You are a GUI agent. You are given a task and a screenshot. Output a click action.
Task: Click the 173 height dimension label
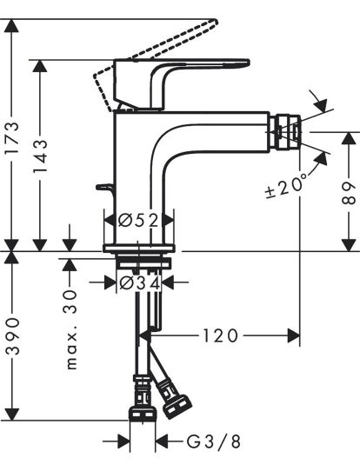click(12, 138)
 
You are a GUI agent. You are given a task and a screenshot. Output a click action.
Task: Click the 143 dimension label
click(40, 156)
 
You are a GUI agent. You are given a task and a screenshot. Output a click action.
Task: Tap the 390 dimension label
click(13, 335)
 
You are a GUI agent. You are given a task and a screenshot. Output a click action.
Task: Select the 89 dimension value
click(349, 193)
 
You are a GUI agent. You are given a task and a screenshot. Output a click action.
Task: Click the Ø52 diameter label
click(138, 221)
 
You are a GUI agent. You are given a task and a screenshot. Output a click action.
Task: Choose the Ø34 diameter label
click(140, 282)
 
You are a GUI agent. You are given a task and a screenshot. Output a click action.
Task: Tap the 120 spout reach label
click(220, 335)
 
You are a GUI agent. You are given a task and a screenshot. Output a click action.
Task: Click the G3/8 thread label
click(214, 441)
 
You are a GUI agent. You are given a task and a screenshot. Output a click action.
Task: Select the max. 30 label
click(71, 329)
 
